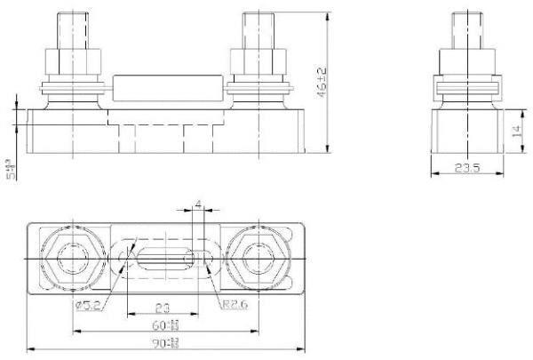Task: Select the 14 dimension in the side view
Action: [514, 132]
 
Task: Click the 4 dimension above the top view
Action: [197, 207]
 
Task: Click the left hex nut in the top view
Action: [70, 259]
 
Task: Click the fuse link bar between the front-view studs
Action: [167, 90]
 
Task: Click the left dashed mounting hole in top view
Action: [123, 259]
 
